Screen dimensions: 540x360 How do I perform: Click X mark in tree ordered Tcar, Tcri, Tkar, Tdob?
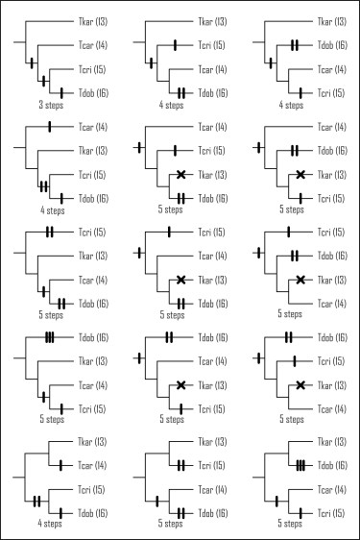coord(180,174)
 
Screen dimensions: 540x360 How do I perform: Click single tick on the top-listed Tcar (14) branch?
coord(49,127)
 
